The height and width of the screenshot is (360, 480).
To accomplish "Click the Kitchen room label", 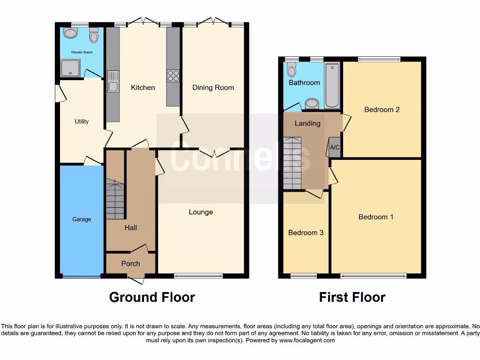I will click(x=142, y=88).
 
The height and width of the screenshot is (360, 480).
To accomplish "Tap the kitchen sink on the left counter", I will click(x=113, y=81).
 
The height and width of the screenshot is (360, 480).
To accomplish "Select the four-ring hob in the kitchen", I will click(x=173, y=75).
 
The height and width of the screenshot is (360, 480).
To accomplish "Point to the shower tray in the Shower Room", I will click(x=70, y=68).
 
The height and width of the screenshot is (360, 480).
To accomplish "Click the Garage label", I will click(x=82, y=219).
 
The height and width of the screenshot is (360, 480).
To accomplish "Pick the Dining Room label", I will click(x=213, y=88).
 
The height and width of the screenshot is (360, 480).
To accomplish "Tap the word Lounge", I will click(x=201, y=212).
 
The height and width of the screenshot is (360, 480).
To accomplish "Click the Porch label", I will click(x=131, y=263).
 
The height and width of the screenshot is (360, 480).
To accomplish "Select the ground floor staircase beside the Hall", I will click(x=115, y=200).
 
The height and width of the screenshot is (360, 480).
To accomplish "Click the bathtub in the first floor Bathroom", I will click(x=333, y=85).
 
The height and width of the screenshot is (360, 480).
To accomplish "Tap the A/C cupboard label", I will click(x=335, y=147).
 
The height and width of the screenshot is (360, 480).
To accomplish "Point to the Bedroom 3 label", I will click(x=306, y=232).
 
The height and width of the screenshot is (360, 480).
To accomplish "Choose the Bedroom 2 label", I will click(x=382, y=110).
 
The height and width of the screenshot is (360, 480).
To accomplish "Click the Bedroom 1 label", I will click(x=376, y=217).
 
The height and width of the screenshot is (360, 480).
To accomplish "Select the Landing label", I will click(x=307, y=123).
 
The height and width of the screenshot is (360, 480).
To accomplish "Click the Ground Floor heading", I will click(x=152, y=297).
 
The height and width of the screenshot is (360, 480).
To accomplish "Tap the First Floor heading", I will click(x=352, y=297).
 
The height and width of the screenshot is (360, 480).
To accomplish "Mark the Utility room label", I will click(x=82, y=121).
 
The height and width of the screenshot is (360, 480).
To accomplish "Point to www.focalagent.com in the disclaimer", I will click(x=307, y=340).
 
